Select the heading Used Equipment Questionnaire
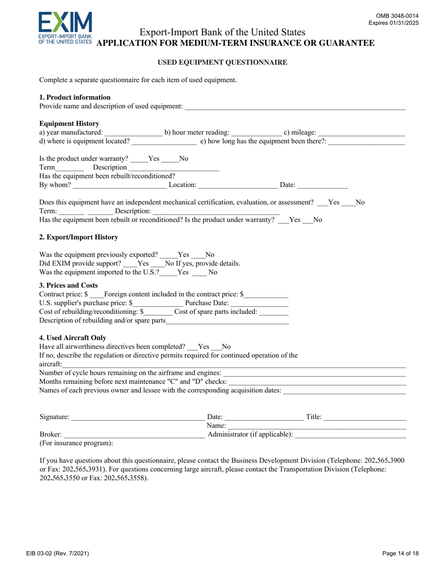click(222, 62)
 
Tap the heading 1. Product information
click(75, 98)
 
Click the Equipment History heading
click(69, 124)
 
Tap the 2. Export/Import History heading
click(79, 237)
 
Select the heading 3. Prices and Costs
click(68, 285)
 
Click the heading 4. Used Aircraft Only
click(73, 338)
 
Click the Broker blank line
click(134, 435)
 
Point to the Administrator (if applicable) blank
click(350, 435)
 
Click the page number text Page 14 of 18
click(400, 554)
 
